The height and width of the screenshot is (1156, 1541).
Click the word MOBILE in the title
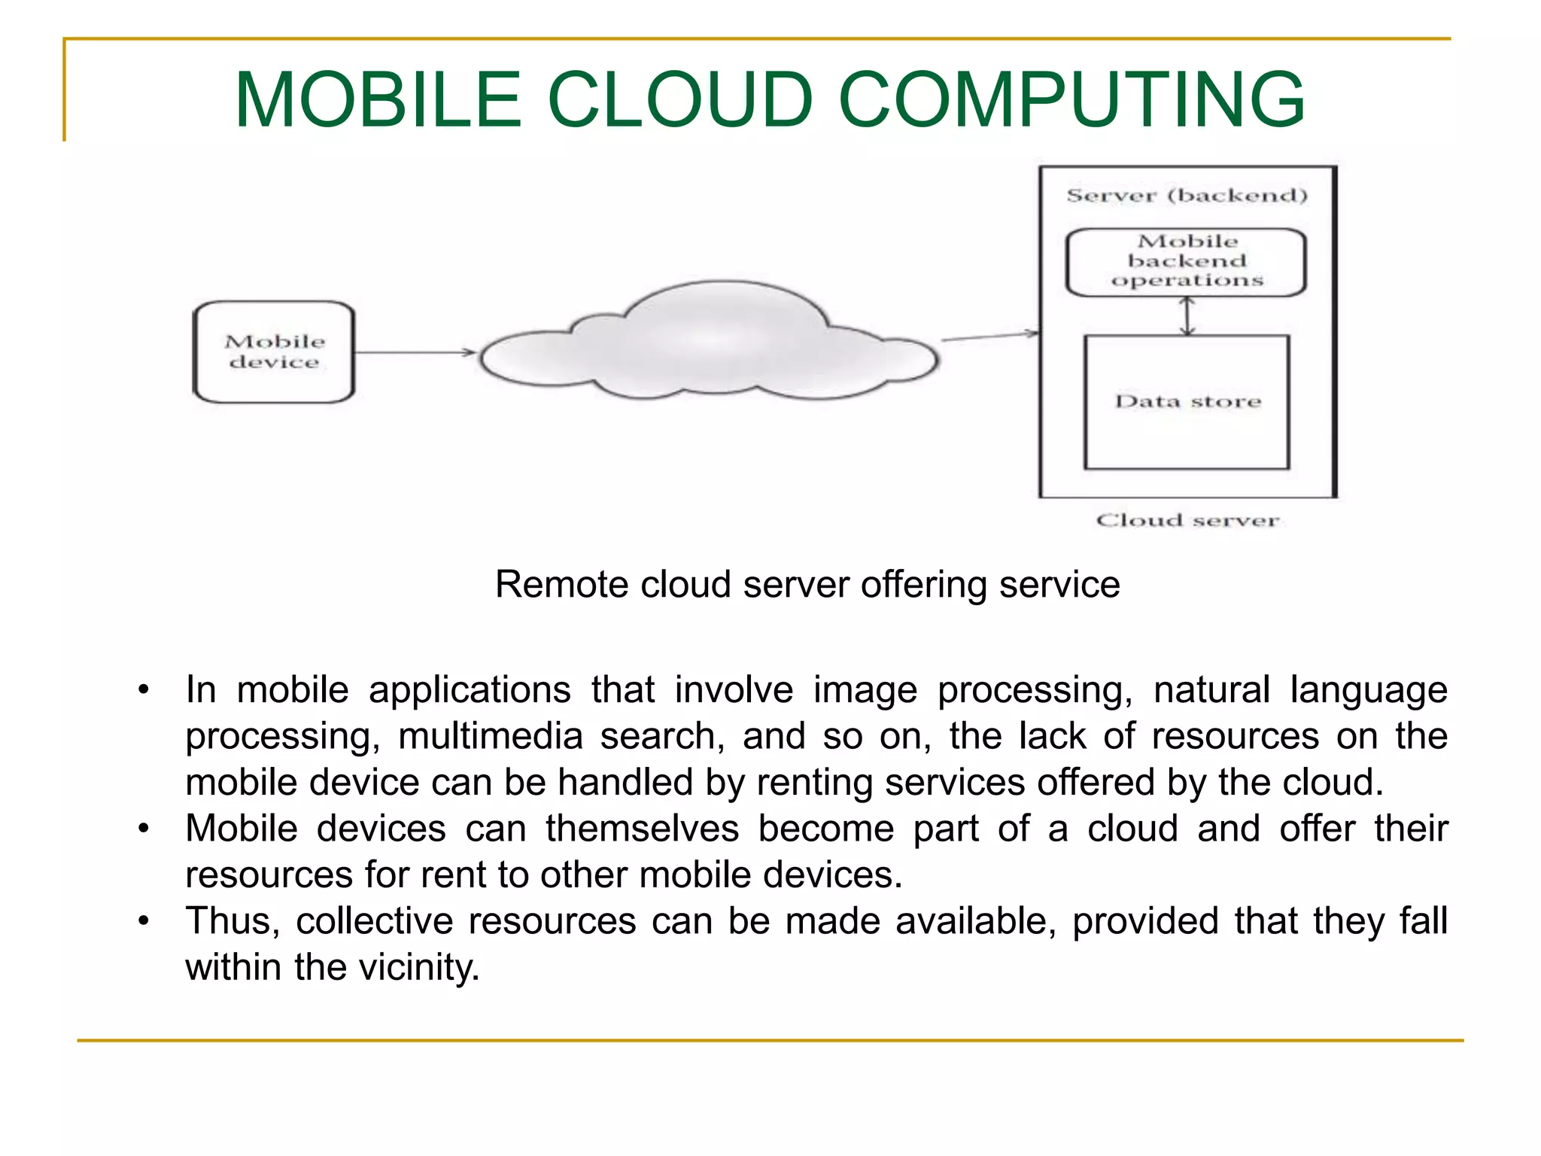[x=378, y=100]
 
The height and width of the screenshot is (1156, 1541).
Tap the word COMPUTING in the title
[x=1071, y=100]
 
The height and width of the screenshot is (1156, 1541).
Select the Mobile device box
[x=274, y=352]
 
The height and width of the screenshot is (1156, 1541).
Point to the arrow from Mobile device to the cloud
[x=415, y=352]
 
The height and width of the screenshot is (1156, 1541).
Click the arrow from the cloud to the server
[x=989, y=336]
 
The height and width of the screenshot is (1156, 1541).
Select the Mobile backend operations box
[x=1187, y=262]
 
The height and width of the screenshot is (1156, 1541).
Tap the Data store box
[x=1187, y=402]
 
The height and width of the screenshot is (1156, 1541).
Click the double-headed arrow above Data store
[x=1187, y=316]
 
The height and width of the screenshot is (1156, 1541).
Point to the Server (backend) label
[x=1187, y=196]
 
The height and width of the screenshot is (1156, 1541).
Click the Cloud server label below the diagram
[x=1187, y=521]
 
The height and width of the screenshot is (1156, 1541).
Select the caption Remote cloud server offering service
[x=807, y=585]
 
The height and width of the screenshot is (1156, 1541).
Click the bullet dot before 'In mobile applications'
[x=144, y=689]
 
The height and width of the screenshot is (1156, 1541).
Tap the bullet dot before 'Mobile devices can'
[x=144, y=829]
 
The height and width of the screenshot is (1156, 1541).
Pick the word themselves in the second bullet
[x=642, y=829]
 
